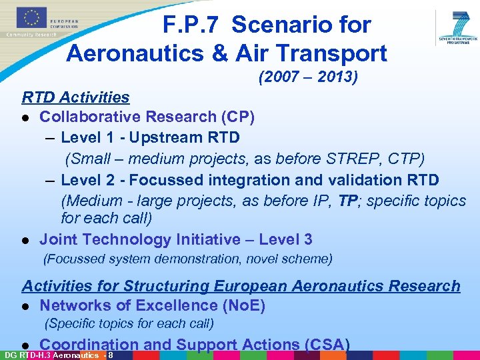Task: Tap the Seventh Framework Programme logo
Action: pos(459,27)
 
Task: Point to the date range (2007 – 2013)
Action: pos(308,78)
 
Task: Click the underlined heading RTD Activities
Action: pos(75,97)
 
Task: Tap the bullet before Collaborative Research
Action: pos(25,118)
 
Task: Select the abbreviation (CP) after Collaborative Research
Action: pos(237,117)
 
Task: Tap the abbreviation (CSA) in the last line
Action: pos(327,345)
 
